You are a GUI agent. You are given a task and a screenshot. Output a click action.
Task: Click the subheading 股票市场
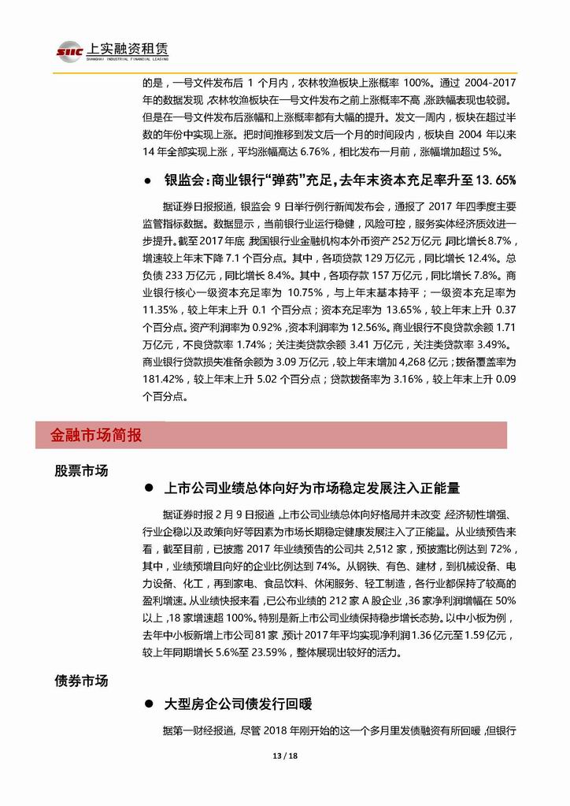[x=81, y=471]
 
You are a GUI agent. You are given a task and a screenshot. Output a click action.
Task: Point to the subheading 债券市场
[x=81, y=680]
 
